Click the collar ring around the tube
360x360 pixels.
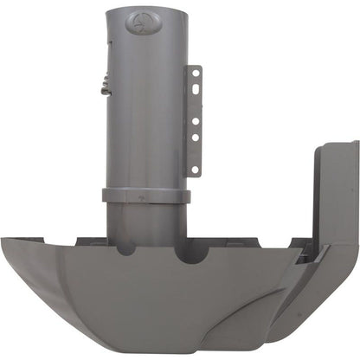[145, 196]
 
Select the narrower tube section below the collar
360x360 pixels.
[145, 221]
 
